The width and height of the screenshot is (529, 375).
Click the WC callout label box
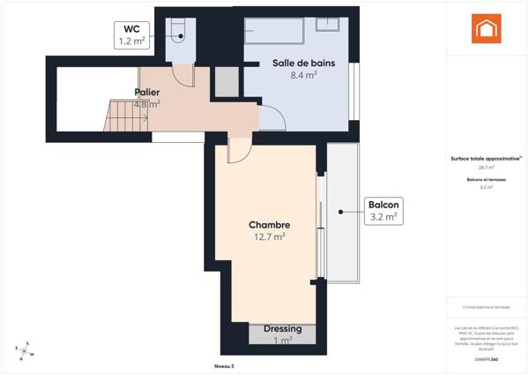(x=131, y=34)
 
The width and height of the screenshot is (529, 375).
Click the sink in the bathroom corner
(x=329, y=24)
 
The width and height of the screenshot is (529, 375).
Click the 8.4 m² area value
(x=303, y=76)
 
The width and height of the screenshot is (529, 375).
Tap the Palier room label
(x=146, y=92)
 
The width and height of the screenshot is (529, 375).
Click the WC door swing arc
(x=183, y=75)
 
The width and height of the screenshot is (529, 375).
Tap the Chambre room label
(x=269, y=225)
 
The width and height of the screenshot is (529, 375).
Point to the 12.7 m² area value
(x=269, y=236)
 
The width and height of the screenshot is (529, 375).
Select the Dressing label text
(x=282, y=329)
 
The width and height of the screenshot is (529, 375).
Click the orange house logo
(x=486, y=29)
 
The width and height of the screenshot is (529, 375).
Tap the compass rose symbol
(x=26, y=350)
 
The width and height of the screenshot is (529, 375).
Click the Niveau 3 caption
(x=224, y=365)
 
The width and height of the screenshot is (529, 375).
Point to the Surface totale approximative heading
(x=486, y=159)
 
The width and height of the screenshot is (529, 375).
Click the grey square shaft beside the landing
(x=227, y=81)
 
